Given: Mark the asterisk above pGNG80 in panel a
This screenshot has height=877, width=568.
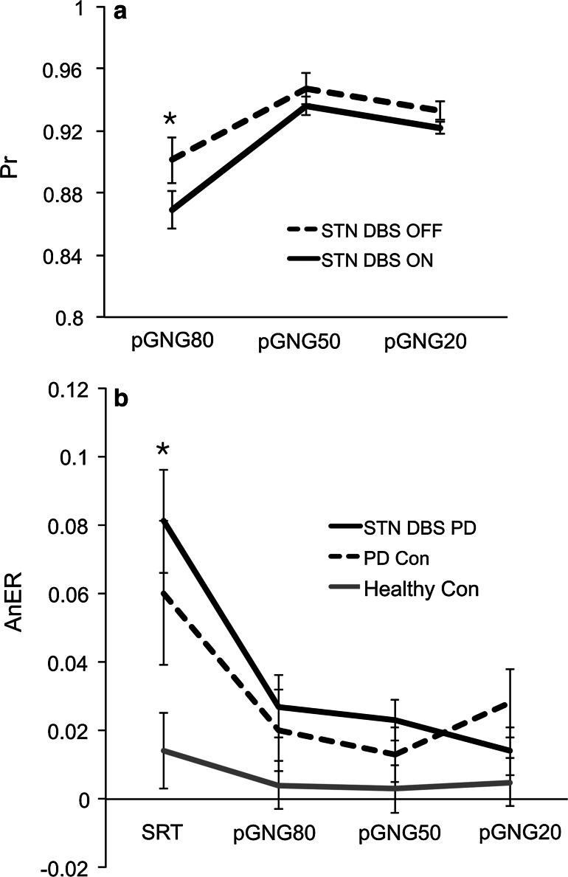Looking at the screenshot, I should (170, 119).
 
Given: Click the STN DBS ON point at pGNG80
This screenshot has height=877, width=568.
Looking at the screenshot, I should (171, 209).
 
